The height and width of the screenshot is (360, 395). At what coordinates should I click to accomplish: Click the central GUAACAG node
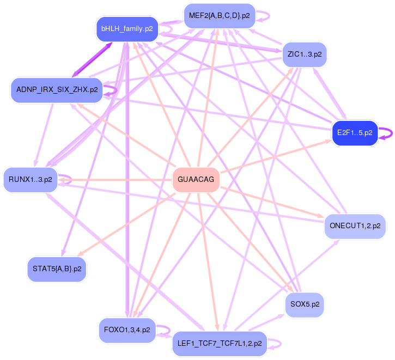(x=196, y=180)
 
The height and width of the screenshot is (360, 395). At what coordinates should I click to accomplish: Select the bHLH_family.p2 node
(x=127, y=28)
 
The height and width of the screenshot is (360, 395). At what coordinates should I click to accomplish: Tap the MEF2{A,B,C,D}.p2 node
(x=219, y=16)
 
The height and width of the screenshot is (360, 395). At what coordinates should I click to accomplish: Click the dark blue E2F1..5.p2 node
(x=355, y=132)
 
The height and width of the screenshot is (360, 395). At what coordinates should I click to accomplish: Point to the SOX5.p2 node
(x=305, y=304)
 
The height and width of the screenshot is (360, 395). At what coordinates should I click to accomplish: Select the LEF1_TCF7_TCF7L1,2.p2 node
(x=220, y=344)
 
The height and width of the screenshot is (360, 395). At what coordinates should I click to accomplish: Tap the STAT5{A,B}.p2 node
(x=57, y=269)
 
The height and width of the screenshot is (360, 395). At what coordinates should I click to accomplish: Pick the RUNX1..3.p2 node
(x=31, y=179)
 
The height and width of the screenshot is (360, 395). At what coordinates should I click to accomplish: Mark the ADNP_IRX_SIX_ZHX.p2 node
(x=57, y=89)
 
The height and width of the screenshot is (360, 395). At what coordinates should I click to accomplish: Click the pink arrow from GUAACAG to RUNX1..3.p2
(x=114, y=180)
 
